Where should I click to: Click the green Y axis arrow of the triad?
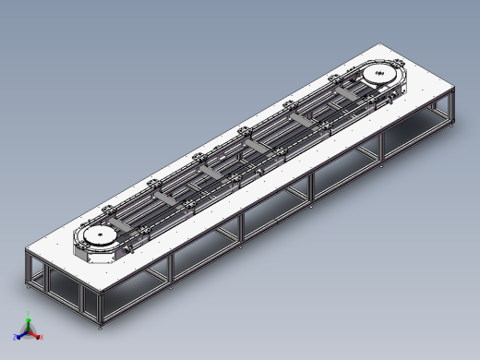(28, 322)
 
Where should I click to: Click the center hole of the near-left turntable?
(97, 239)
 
